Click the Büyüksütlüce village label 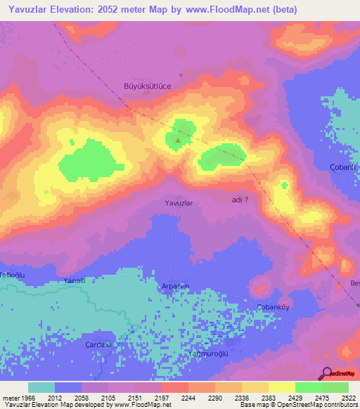(148, 86)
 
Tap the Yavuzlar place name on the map (179, 202)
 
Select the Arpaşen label (176, 285)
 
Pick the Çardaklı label (99, 344)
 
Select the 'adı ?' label (240, 200)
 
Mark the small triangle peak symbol (178, 139)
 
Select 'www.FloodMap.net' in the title (230, 10)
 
